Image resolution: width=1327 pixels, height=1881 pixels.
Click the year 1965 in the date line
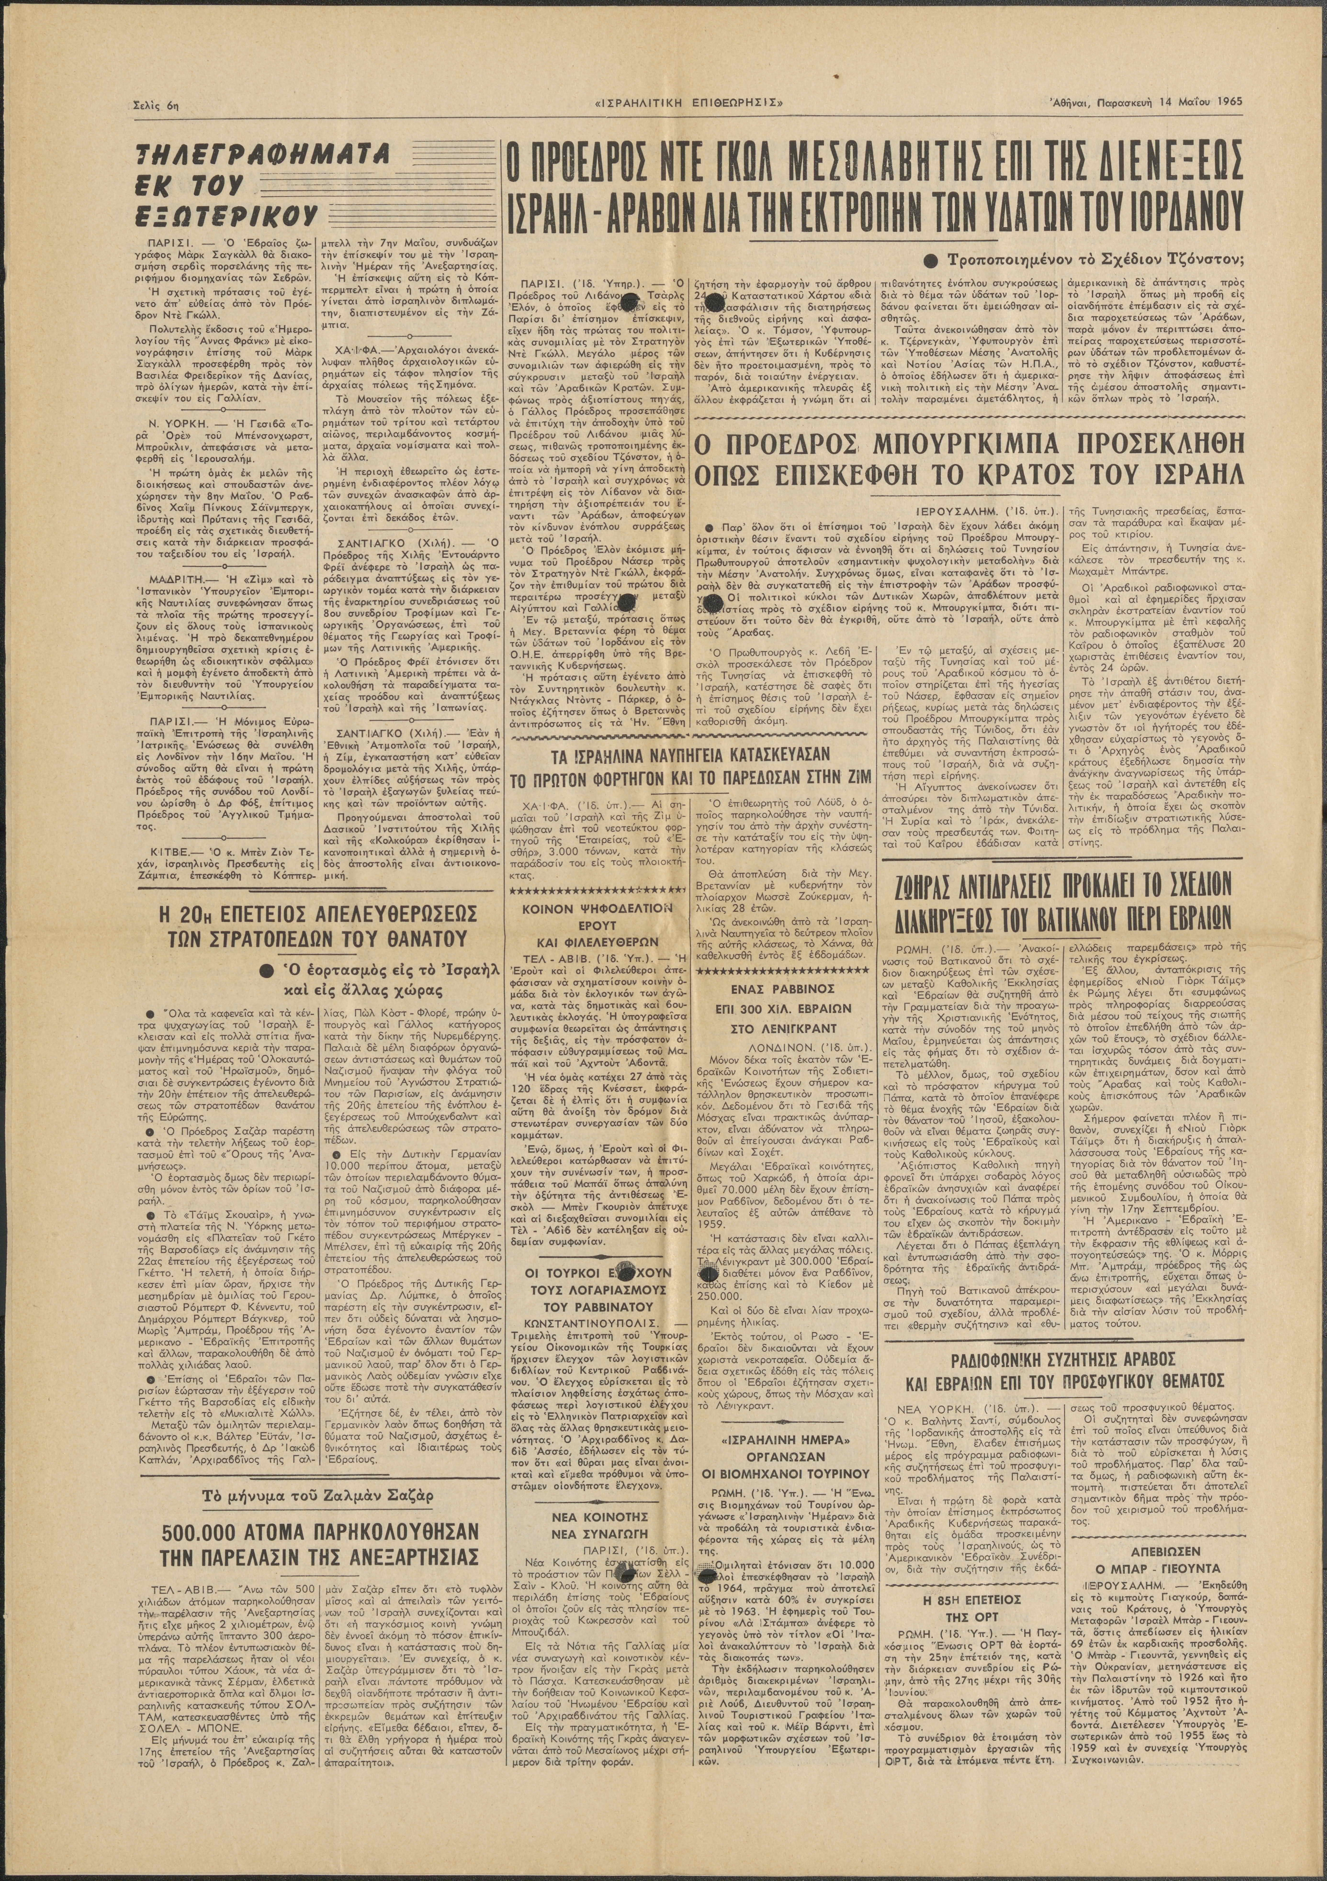[x=1225, y=102]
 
